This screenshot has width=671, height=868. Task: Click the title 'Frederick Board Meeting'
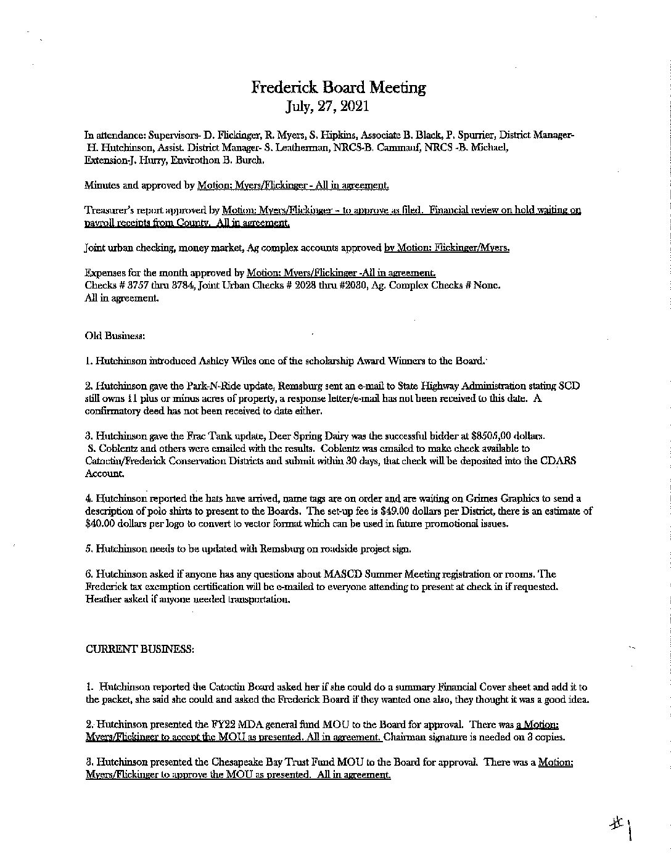[x=338, y=88]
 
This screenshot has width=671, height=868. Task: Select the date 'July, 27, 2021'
[x=327, y=106]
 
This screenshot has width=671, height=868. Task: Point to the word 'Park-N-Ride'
[x=197, y=385]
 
